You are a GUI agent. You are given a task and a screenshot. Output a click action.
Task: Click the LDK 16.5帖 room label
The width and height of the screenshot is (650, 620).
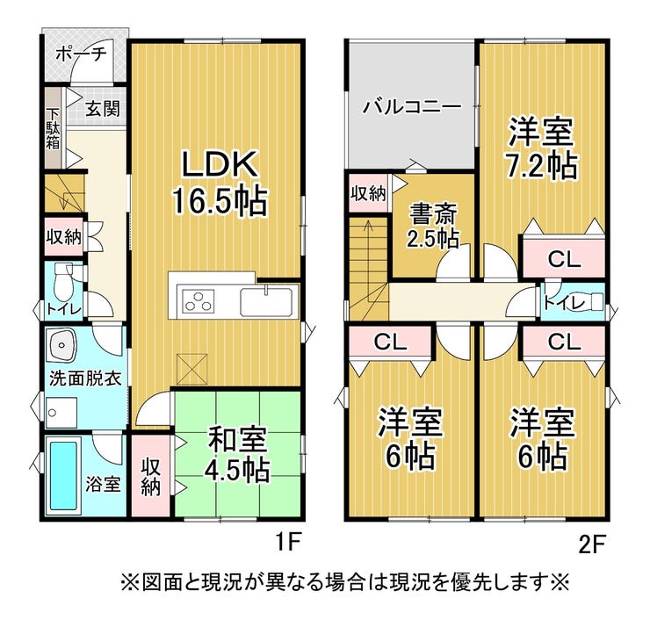[x=219, y=182]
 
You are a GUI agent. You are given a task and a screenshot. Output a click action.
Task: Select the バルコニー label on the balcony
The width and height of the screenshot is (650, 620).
[x=412, y=107]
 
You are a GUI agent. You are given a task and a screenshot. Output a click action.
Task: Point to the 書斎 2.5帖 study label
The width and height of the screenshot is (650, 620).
[x=433, y=227]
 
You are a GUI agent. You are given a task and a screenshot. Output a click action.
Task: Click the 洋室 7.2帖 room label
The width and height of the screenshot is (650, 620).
[x=542, y=148]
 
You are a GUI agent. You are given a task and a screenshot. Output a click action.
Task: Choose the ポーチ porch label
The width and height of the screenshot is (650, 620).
[x=82, y=54]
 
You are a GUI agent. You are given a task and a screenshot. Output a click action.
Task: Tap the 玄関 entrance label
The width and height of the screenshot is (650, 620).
[x=103, y=109]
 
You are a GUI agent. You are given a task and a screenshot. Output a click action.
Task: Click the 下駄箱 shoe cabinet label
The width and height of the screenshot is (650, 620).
[x=53, y=128]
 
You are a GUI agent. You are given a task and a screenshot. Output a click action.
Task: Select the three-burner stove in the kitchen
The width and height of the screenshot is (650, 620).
[x=199, y=300]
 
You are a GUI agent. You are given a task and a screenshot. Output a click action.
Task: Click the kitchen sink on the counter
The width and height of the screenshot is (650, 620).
[x=266, y=302]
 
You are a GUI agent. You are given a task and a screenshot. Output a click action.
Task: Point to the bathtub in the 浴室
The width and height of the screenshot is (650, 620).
[x=63, y=476]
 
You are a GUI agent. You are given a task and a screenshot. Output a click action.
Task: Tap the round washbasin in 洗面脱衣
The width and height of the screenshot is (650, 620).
[x=61, y=344]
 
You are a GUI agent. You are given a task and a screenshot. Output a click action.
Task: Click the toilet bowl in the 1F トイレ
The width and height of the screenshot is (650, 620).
[x=62, y=281]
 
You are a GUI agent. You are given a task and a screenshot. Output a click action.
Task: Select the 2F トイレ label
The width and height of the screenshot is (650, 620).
[x=564, y=303]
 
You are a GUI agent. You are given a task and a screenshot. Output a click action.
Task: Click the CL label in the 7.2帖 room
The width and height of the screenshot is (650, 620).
[x=564, y=260]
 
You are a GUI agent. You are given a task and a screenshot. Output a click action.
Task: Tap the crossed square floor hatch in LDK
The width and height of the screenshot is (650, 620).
[x=192, y=369]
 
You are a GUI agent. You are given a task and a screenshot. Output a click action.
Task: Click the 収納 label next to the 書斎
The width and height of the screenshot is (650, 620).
[x=369, y=193]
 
